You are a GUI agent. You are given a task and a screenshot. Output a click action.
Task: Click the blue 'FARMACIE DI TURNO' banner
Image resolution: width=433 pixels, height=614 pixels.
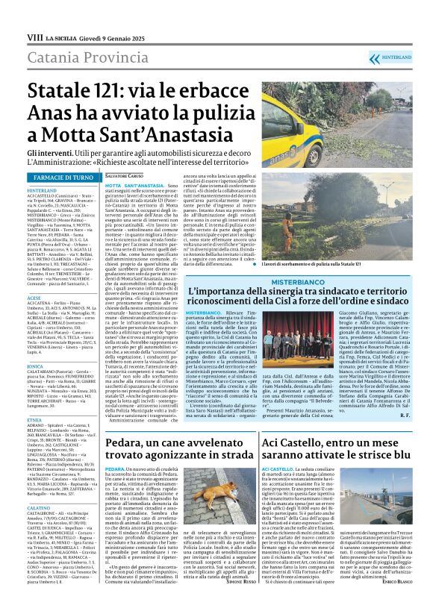tap(63, 177)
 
